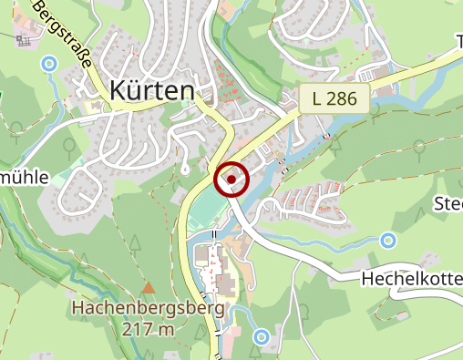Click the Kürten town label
[152, 89]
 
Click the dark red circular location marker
[232, 180]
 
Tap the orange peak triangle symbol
[149, 286]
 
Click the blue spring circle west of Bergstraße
[49, 63]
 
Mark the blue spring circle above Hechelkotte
[388, 241]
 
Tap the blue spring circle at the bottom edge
[262, 336]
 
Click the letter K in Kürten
[118, 89]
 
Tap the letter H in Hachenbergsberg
[77, 308]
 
